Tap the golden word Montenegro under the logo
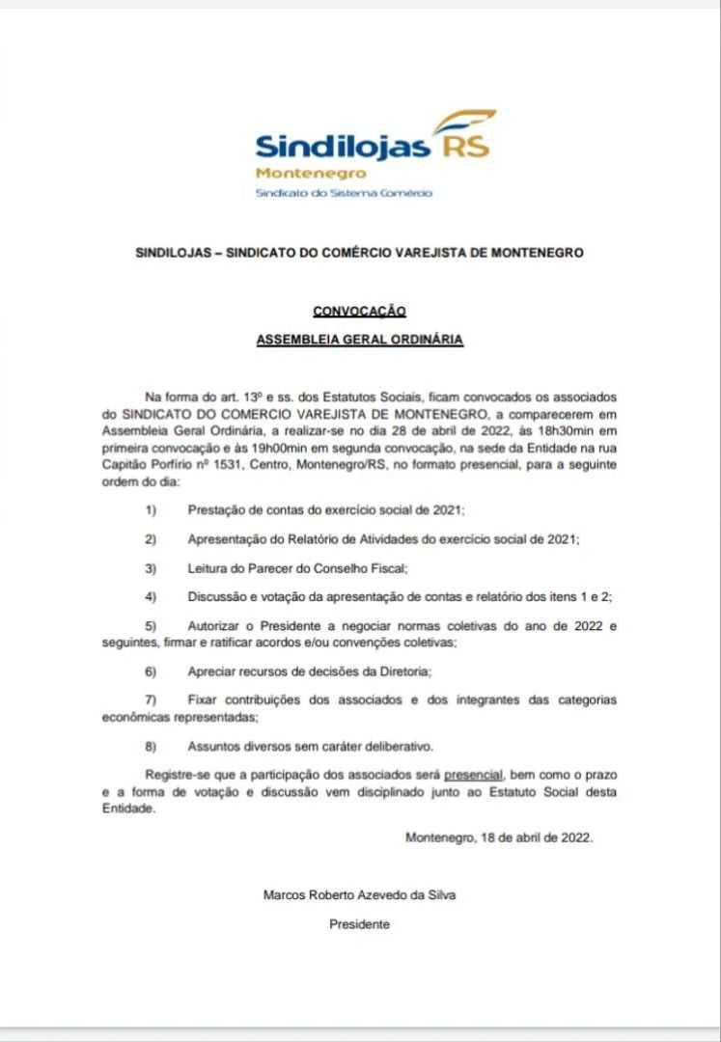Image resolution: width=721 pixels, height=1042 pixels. [311, 174]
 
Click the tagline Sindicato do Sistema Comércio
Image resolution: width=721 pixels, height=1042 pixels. [343, 192]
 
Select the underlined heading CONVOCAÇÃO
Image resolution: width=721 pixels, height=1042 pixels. [359, 311]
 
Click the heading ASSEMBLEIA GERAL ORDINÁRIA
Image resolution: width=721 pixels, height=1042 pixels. [360, 341]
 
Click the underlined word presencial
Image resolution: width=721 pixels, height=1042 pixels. [475, 776]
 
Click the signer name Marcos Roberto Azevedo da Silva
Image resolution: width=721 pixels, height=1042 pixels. [359, 894]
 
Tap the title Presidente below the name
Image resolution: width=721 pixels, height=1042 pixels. [359, 923]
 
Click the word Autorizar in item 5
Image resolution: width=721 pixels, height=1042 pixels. [214, 627]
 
